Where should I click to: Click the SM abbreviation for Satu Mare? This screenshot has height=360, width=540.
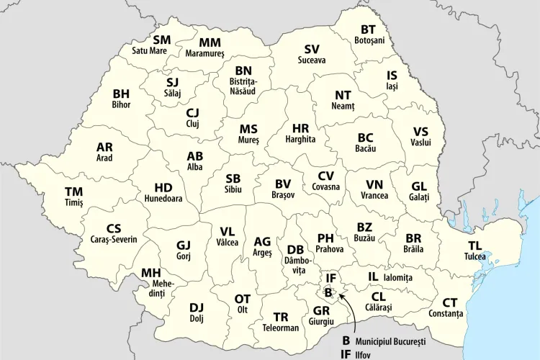tap(162, 40)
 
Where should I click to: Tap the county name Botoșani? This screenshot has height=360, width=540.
tap(369, 40)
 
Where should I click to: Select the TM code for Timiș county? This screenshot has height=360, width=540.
tap(73, 192)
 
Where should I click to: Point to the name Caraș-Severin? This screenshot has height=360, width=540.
tap(114, 239)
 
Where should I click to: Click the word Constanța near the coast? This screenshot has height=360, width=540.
tap(446, 314)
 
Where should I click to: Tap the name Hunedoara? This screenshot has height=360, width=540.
tap(163, 198)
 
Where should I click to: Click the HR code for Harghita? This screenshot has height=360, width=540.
tap(300, 127)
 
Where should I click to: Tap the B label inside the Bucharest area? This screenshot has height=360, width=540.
tap(328, 293)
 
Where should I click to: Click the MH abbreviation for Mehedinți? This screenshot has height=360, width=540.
tap(150, 273)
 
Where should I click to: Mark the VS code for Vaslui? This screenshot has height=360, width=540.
tap(420, 132)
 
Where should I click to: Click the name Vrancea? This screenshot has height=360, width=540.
tap(374, 195)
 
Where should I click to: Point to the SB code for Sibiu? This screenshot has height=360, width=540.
tap(233, 178)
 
